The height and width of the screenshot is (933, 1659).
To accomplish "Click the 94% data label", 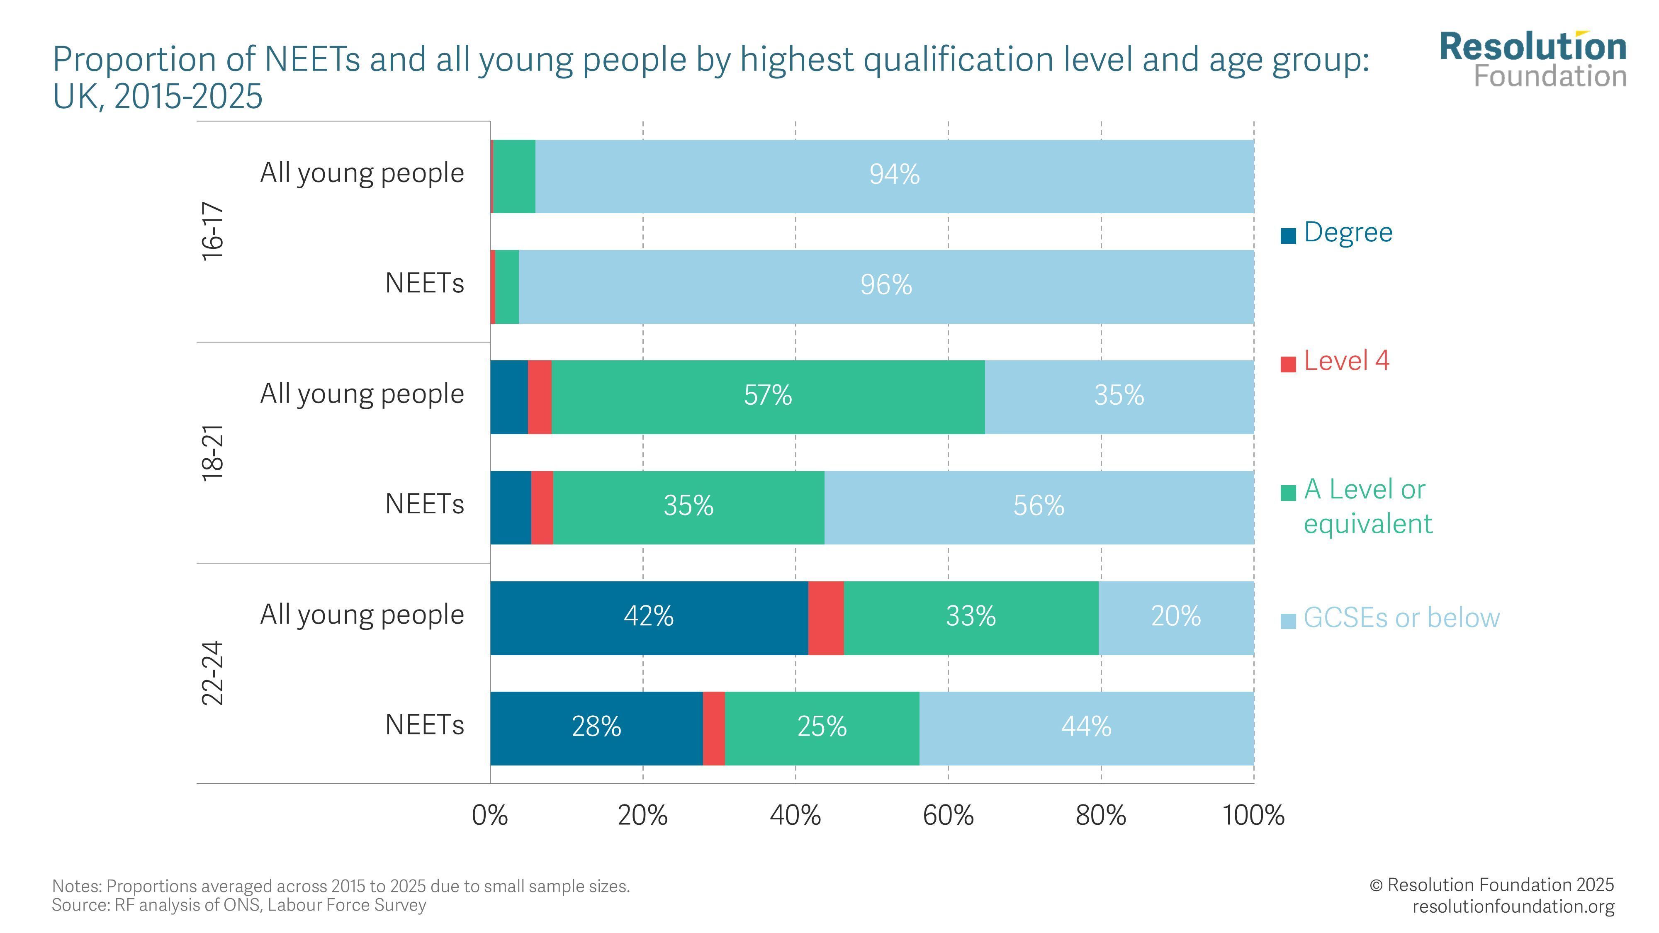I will coord(894,175).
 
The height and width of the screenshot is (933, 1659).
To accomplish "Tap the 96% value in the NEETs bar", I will coord(886,285).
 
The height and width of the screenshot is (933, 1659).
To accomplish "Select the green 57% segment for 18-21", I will coord(768,396).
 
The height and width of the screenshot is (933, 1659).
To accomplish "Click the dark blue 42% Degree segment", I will coord(649,617).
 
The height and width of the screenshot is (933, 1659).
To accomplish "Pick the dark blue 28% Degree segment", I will coord(596,728).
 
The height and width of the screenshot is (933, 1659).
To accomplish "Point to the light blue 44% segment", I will coord(1086,728).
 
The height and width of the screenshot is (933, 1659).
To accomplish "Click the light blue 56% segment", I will coord(1038,507).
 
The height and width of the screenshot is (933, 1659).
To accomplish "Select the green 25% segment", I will coord(822,728).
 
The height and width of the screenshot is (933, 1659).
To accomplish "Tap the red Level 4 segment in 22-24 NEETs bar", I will coord(713,728).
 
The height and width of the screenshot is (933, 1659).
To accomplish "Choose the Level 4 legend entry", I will coord(1346,361).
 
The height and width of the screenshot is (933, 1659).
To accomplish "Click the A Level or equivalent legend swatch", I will coord(1288,493).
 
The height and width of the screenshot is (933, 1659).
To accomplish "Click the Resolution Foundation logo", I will coord(1533,60).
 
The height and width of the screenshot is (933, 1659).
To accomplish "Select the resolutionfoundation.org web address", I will coord(1513,906).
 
